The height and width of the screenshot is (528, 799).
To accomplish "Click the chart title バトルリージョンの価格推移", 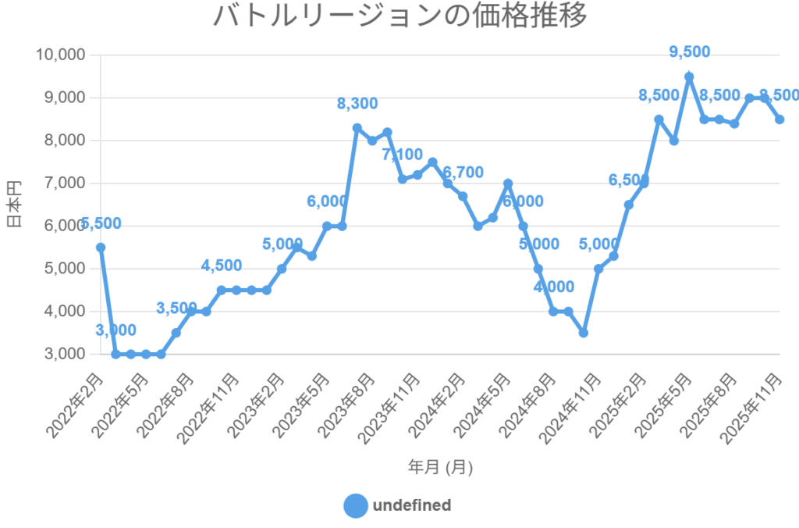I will pyautogui.click(x=399, y=16).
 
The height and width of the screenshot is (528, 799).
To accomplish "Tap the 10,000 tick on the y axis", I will pyautogui.click(x=61, y=55).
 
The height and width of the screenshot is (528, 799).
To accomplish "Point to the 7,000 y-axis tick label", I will pyautogui.click(x=64, y=184).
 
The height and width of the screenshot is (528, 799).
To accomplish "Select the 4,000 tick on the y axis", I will pyautogui.click(x=64, y=312).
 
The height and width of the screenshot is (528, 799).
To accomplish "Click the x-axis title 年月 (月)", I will pyautogui.click(x=440, y=467).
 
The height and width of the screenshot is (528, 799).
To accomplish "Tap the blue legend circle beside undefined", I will pyautogui.click(x=355, y=505).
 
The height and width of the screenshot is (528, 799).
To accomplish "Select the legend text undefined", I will pyautogui.click(x=412, y=505).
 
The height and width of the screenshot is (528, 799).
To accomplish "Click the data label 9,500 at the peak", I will pyautogui.click(x=690, y=52).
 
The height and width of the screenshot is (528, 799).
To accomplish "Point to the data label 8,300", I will pyautogui.click(x=357, y=103).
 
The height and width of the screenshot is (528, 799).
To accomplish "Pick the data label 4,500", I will pyautogui.click(x=222, y=266).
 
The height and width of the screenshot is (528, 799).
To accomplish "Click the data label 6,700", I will pyautogui.click(x=463, y=173).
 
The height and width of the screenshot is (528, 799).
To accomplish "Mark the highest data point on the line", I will pyautogui.click(x=689, y=77).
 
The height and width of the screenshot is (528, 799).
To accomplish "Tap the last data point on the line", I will pyautogui.click(x=779, y=120).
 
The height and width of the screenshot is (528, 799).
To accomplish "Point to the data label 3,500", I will pyautogui.click(x=177, y=309).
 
